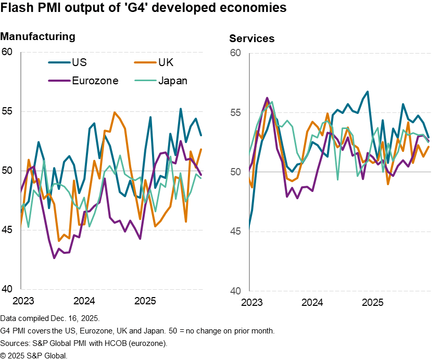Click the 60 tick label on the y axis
coord(235,54)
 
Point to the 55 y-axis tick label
coord(235,113)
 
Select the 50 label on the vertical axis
coord(235,172)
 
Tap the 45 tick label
coord(235,232)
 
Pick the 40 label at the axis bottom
coord(235,291)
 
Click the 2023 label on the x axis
coord(252,302)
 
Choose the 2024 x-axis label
coord(312,302)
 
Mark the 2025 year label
coord(373,302)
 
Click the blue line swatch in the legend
coord(59,62)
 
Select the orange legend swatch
coord(145,62)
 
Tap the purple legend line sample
coord(59,81)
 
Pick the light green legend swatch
coord(145,81)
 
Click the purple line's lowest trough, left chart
coord(54,258)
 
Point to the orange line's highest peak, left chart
coord(114,112)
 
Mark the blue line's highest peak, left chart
coord(181,108)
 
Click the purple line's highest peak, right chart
coord(267,97)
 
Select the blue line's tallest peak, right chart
coord(368,92)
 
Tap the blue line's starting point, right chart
coord(249,228)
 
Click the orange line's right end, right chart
coord(429,146)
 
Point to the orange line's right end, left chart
coord(201,149)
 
